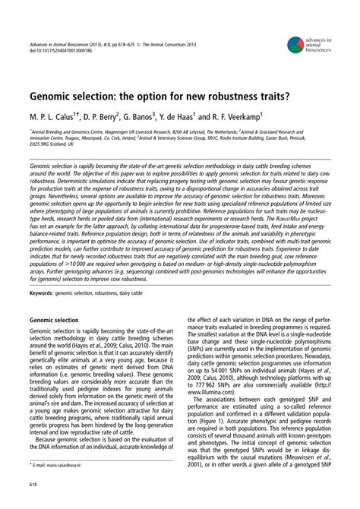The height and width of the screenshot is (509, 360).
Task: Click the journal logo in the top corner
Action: [295, 47]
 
